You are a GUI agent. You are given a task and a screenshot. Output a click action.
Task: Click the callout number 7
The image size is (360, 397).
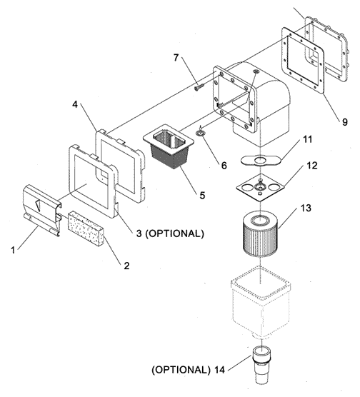click(x=176, y=58)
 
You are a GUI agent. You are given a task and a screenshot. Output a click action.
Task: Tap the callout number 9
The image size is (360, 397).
click(x=345, y=122)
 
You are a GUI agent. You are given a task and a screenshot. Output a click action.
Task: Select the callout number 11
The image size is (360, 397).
click(x=308, y=139)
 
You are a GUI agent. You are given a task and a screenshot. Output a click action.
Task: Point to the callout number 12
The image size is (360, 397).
click(x=312, y=166)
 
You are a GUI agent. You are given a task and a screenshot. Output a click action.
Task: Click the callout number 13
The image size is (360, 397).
click(x=306, y=208)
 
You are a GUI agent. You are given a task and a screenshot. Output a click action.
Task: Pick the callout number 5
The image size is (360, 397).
click(x=202, y=195)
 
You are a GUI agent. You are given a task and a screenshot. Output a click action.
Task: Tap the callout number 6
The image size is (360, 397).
click(x=224, y=166)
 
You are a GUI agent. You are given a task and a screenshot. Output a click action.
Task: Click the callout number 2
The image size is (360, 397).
click(x=126, y=266)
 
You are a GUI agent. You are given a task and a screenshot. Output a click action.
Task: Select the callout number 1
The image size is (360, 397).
click(x=13, y=250)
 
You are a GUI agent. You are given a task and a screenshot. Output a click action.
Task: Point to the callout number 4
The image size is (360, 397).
click(x=75, y=104)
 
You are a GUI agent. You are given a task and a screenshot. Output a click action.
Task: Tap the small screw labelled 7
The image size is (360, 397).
click(x=199, y=88)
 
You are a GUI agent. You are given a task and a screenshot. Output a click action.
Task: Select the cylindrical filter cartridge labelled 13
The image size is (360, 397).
click(x=261, y=234)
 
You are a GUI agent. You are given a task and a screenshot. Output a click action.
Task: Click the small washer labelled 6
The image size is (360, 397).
click(x=201, y=132)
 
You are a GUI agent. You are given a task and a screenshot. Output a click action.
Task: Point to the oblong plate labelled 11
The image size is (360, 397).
click(x=261, y=160)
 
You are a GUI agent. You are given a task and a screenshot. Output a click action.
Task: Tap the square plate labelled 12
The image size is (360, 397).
click(x=260, y=187)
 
